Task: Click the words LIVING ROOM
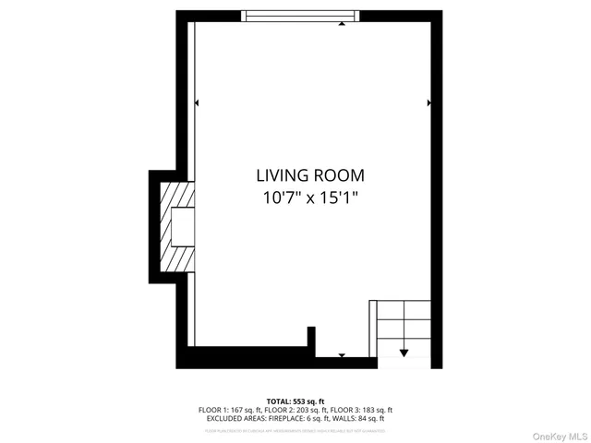point(310,174)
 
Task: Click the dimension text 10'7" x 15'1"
point(310,197)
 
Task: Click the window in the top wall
point(299,15)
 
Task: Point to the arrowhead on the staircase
point(404,352)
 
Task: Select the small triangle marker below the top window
point(343,25)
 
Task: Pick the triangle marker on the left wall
point(197,102)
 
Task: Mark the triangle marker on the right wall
point(428,102)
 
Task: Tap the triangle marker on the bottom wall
point(342,354)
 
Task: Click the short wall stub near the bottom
point(312,341)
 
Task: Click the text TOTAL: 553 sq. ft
point(295,401)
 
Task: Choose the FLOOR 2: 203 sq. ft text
point(295,410)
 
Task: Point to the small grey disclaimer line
point(295,429)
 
